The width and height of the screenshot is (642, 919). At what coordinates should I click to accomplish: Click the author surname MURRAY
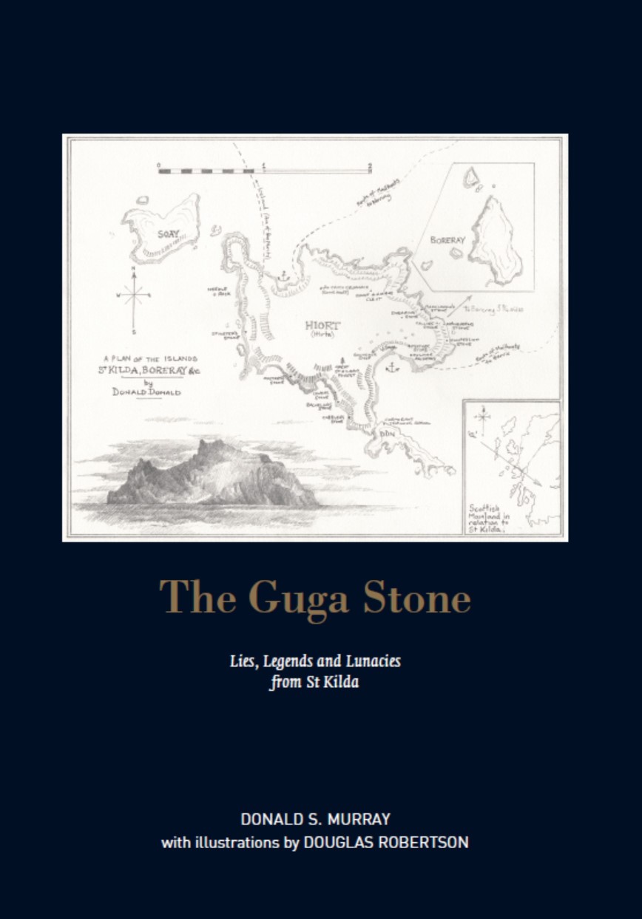tap(367, 819)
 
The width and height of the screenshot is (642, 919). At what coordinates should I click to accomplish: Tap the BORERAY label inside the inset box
tap(447, 240)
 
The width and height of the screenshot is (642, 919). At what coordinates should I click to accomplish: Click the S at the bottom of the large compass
tap(134, 329)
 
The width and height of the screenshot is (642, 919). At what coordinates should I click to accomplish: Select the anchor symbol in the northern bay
tap(282, 275)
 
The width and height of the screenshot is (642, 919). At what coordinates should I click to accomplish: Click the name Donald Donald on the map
tap(146, 392)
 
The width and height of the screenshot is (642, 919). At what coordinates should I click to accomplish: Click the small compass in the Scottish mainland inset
tap(483, 420)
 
